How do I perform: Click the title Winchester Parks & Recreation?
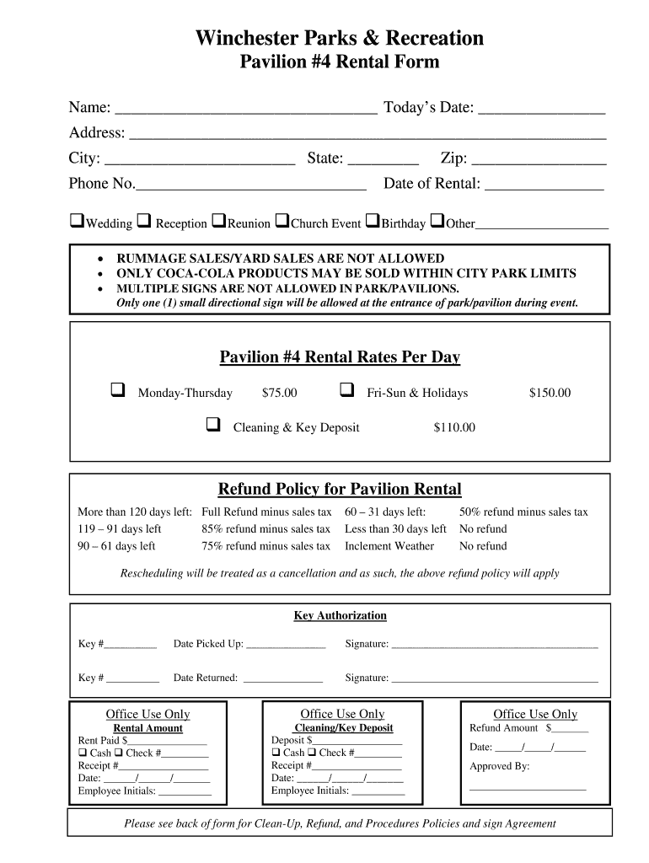pos(340,38)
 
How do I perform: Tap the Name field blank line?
pos(245,110)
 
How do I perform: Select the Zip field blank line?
pos(539,161)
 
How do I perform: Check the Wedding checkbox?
pos(76,222)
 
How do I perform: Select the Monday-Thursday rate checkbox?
pos(117,390)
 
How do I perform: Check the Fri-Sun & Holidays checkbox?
pos(346,390)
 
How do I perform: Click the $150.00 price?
pos(550,393)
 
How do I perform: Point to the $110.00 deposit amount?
pos(454,427)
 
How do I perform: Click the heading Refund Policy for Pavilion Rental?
pos(340,490)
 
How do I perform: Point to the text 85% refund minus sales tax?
pos(265,529)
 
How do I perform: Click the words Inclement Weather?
pos(389,546)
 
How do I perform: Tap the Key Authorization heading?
pos(340,616)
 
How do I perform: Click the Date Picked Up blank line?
pos(286,646)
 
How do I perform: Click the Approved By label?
pos(499,766)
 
